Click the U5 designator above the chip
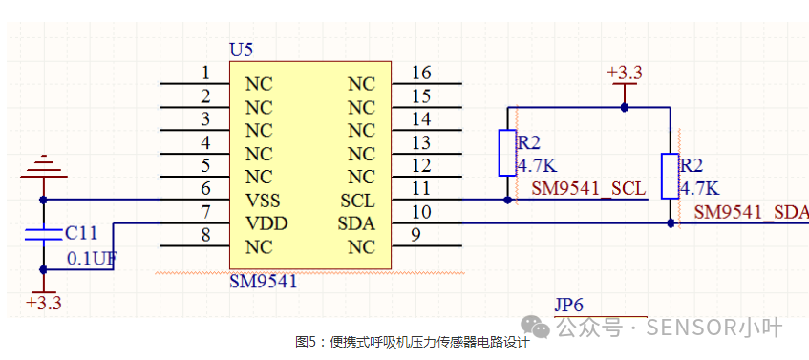242,50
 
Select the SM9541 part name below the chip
263,282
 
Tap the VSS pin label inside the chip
263,201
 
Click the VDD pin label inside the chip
266,223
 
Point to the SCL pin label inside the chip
357,201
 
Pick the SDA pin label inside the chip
357,223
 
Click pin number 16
420,73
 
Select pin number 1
205,73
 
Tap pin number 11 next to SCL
420,190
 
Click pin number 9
415,237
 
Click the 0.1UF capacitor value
91,258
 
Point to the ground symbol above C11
42,168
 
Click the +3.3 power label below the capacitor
43,303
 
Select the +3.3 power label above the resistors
625,73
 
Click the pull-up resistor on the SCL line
507,153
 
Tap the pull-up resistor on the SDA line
671,176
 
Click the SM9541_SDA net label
751,212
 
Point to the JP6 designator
568,305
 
